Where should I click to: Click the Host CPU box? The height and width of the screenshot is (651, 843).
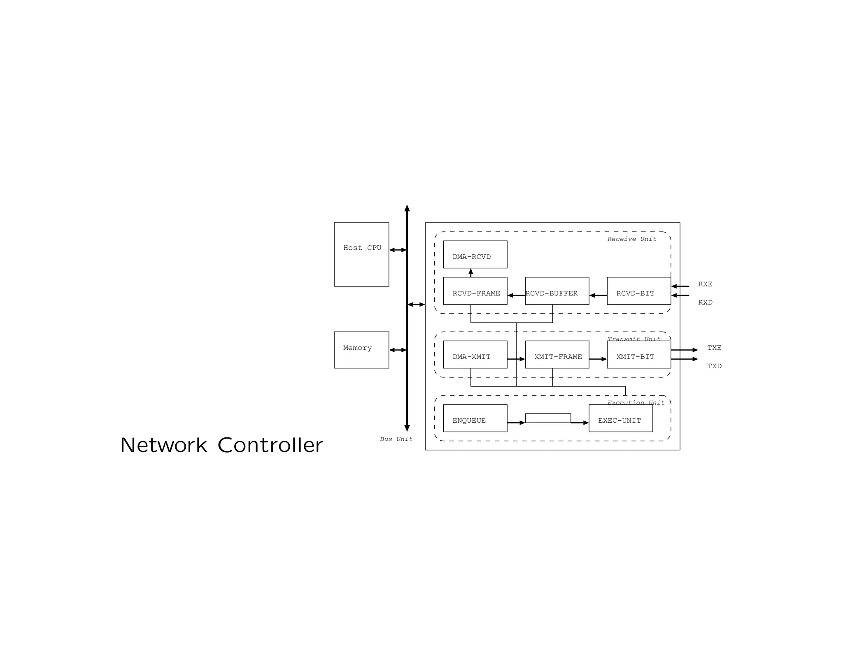point(361,254)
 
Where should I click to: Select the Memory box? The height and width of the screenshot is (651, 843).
point(361,350)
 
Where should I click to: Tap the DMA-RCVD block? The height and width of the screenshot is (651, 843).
point(475,254)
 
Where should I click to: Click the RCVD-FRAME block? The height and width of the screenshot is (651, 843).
point(475,291)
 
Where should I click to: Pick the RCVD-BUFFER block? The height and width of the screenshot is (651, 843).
point(557,291)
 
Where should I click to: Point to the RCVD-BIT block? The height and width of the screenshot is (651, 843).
point(638,291)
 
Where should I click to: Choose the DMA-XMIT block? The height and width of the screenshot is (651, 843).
point(475,354)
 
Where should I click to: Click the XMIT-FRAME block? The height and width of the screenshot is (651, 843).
point(557,354)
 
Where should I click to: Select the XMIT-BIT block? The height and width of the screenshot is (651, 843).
point(638,354)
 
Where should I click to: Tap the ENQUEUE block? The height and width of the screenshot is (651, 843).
point(475,418)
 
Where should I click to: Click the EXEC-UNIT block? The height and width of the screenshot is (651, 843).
point(620,418)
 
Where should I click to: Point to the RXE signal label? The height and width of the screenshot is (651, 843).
point(705,284)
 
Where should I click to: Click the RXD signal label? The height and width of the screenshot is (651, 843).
point(705,302)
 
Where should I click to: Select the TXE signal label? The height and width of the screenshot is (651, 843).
point(714,348)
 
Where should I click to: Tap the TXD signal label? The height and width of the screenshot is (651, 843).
point(714,366)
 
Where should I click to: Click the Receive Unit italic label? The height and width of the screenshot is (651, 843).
point(631,239)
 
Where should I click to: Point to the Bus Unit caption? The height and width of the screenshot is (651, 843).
point(396,439)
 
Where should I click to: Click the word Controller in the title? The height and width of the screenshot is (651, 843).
point(270,445)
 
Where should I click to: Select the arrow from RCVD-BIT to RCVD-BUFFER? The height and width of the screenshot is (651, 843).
point(598,295)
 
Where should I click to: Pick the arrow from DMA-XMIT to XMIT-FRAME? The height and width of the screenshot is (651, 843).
point(516,359)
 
